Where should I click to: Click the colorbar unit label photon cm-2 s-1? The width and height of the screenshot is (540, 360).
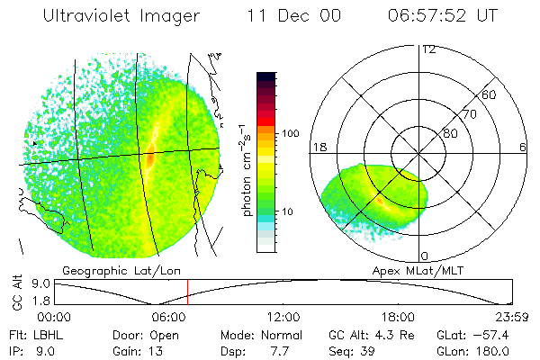(x=246, y=169)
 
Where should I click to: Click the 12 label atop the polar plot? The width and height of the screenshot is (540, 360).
(x=427, y=49)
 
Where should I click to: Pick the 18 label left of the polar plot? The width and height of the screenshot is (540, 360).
(x=318, y=147)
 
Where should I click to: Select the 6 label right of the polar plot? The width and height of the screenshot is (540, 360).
(x=523, y=147)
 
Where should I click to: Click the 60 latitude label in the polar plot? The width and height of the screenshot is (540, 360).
(x=489, y=94)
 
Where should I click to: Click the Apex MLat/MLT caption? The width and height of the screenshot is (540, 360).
(x=411, y=269)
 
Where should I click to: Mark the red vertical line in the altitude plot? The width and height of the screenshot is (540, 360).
(x=187, y=292)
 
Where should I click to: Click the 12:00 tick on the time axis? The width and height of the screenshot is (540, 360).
(x=283, y=317)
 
